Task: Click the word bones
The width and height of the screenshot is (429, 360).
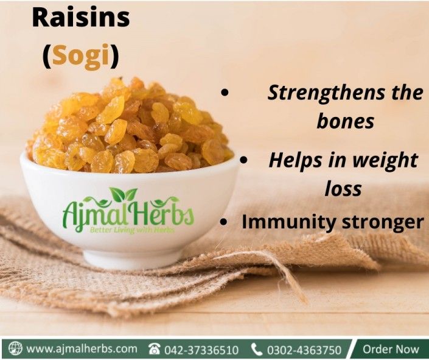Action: (345, 121)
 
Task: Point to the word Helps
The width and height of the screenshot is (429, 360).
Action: (295, 161)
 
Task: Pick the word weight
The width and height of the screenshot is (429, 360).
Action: (382, 161)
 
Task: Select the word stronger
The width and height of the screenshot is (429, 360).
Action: (378, 222)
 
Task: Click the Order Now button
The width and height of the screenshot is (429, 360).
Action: (391, 350)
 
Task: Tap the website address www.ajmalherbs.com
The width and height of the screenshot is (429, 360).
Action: (82, 349)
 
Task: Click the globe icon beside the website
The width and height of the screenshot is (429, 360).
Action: (15, 349)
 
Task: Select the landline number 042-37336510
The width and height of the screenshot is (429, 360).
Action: (202, 350)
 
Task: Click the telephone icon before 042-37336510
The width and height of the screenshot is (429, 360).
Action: (155, 350)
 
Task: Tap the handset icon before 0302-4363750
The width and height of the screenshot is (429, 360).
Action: (257, 350)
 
